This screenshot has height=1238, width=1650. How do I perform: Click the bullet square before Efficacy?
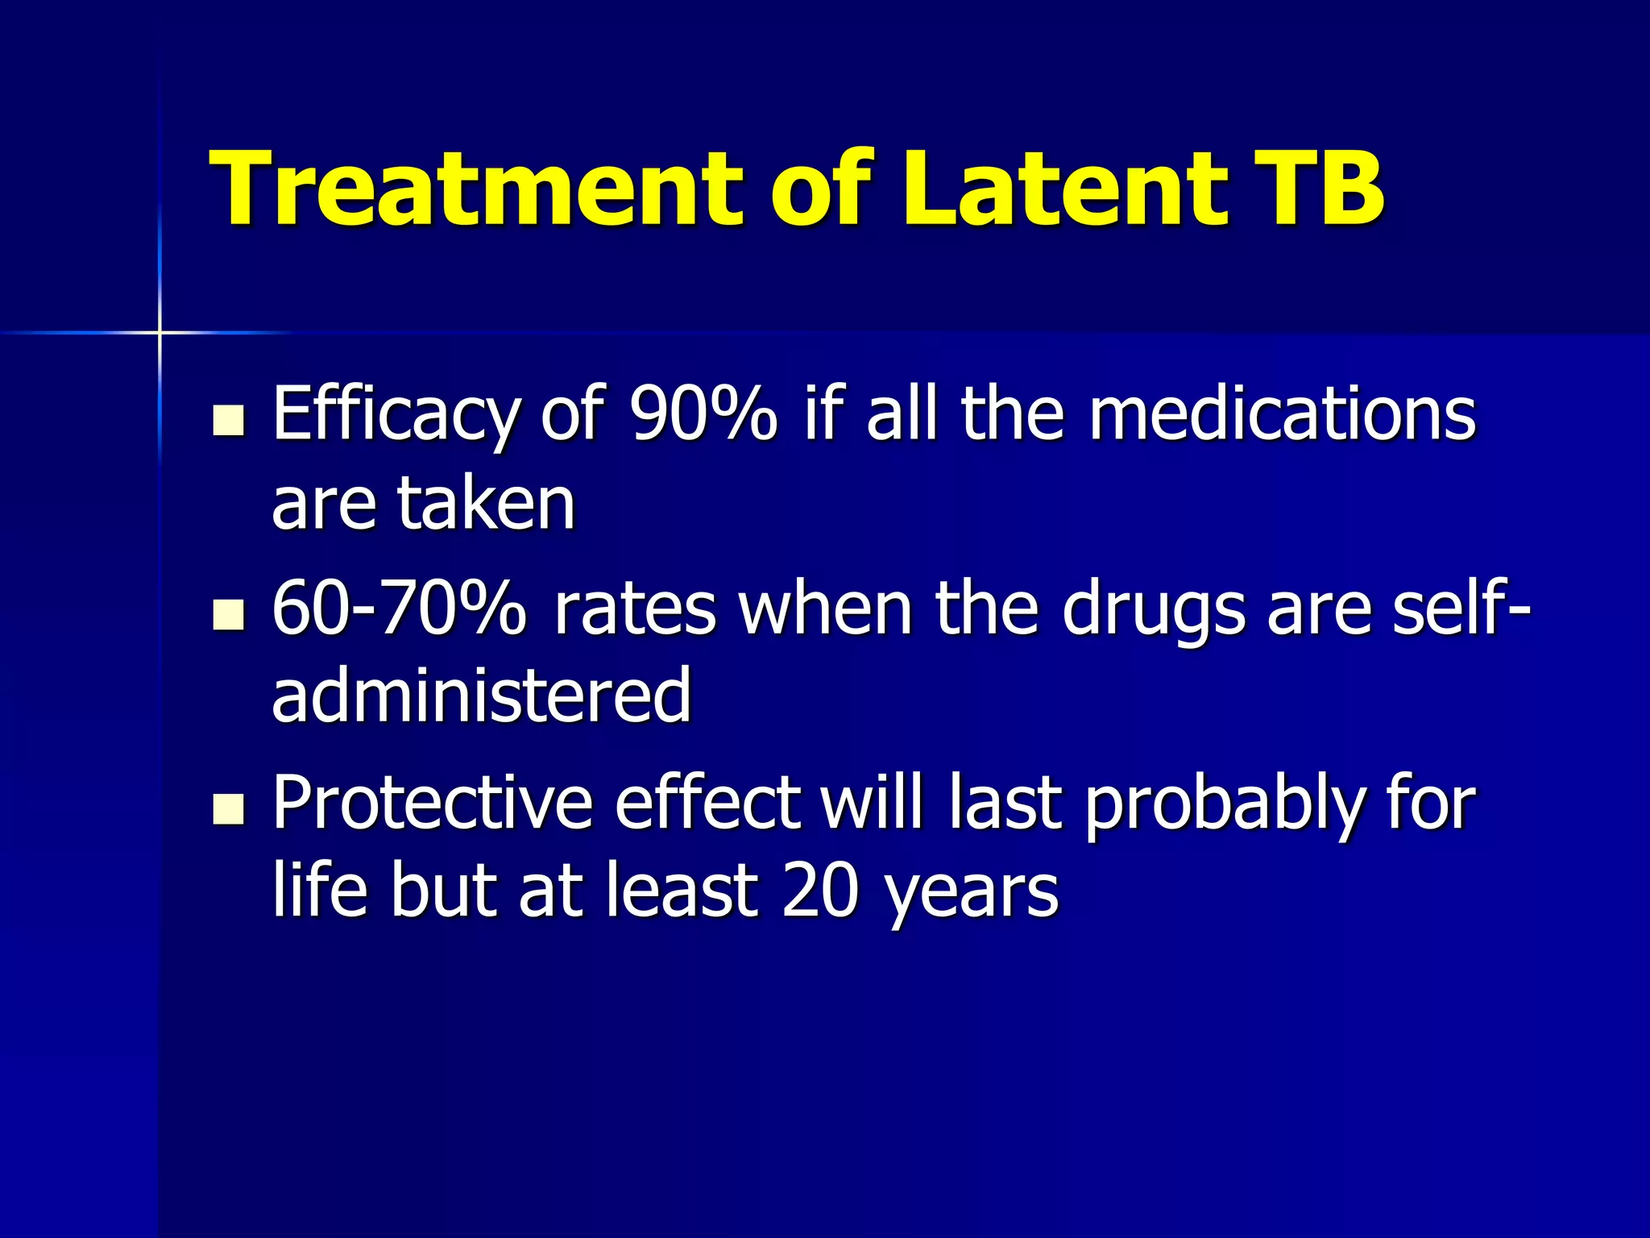[229, 420]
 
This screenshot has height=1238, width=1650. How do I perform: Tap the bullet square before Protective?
[229, 808]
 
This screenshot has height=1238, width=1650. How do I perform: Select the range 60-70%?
[400, 609]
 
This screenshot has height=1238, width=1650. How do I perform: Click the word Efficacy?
[395, 416]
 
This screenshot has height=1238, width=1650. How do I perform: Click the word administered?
[482, 695]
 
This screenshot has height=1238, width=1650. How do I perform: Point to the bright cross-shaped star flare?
[160, 332]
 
